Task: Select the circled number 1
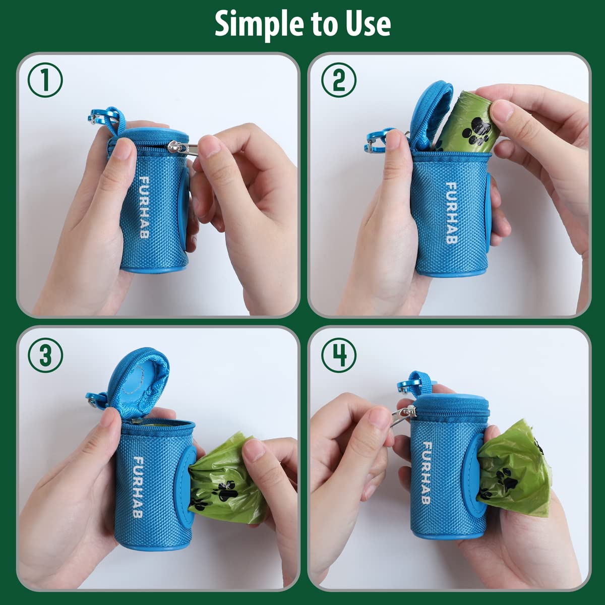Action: tap(45, 80)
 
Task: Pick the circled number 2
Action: tap(339, 80)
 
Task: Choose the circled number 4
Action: tap(339, 355)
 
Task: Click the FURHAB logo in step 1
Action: tap(144, 207)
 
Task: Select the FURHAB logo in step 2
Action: tap(451, 213)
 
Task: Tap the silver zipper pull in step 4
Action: tap(402, 415)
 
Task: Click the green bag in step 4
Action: tap(514, 468)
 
